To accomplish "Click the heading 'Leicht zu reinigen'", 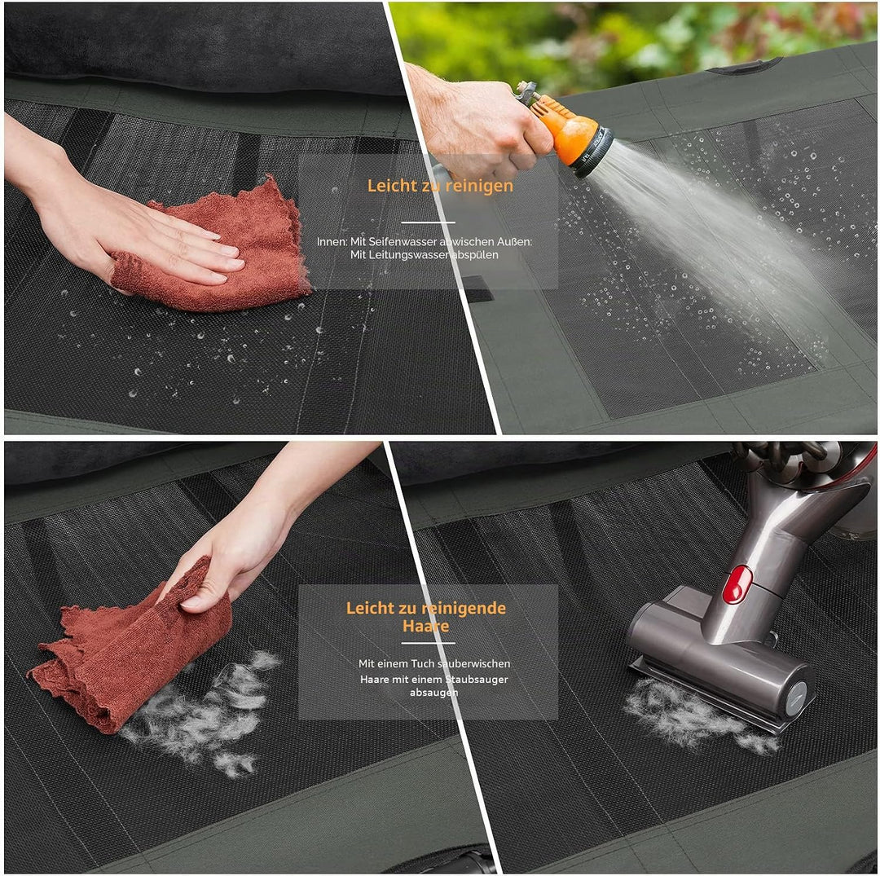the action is point(440,186).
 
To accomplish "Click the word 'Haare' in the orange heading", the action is point(425,626).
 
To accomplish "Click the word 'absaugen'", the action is point(433,693).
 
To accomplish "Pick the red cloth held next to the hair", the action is point(132,651).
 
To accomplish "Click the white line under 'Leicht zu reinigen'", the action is point(429,222).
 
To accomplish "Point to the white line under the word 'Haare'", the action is point(429,644).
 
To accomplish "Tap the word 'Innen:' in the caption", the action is point(332,242).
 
